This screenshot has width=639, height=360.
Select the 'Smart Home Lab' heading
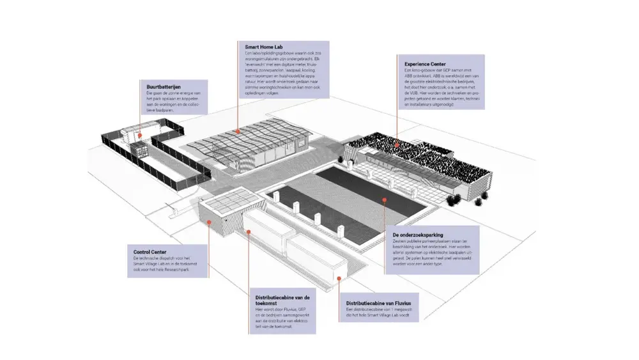pos(263,47)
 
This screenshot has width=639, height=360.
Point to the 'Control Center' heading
pos(146,252)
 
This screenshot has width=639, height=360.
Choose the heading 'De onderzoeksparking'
pos(419,235)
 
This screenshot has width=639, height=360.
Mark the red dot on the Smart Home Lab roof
pos(238,130)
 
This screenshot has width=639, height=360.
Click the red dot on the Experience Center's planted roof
pos(396,145)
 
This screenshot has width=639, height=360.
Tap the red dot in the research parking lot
pos(385,200)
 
